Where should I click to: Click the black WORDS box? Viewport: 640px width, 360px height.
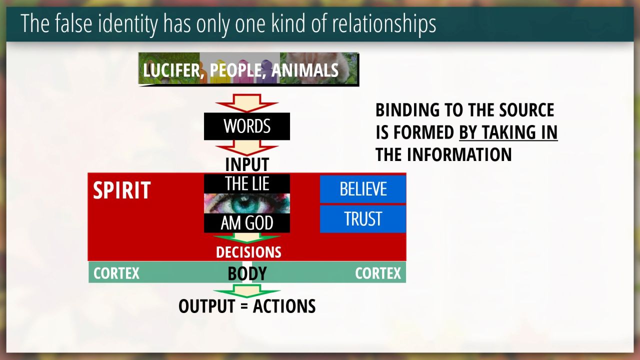[247, 126]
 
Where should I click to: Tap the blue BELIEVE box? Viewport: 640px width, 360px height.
[363, 189]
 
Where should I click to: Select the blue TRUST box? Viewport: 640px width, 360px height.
[363, 219]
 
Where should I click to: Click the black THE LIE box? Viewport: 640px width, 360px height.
[247, 183]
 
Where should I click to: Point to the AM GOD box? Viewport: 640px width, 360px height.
[247, 223]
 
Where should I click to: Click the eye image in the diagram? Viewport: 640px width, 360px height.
[247, 203]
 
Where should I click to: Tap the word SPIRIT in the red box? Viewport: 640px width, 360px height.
[121, 190]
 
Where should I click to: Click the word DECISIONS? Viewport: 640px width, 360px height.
[248, 252]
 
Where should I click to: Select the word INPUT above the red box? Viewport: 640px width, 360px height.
[247, 164]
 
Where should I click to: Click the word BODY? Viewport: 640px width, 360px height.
[247, 273]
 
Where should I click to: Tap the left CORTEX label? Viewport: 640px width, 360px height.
[116, 273]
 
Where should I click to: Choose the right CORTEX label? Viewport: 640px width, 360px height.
[378, 273]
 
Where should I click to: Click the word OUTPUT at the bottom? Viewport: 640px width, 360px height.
[207, 306]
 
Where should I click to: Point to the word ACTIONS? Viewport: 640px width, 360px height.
[284, 306]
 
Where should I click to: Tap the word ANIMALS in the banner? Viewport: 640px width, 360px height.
[305, 70]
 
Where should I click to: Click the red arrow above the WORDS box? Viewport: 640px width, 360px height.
[247, 103]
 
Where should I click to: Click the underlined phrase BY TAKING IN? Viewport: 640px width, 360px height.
[508, 132]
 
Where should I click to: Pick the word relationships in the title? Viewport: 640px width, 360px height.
[383, 24]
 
